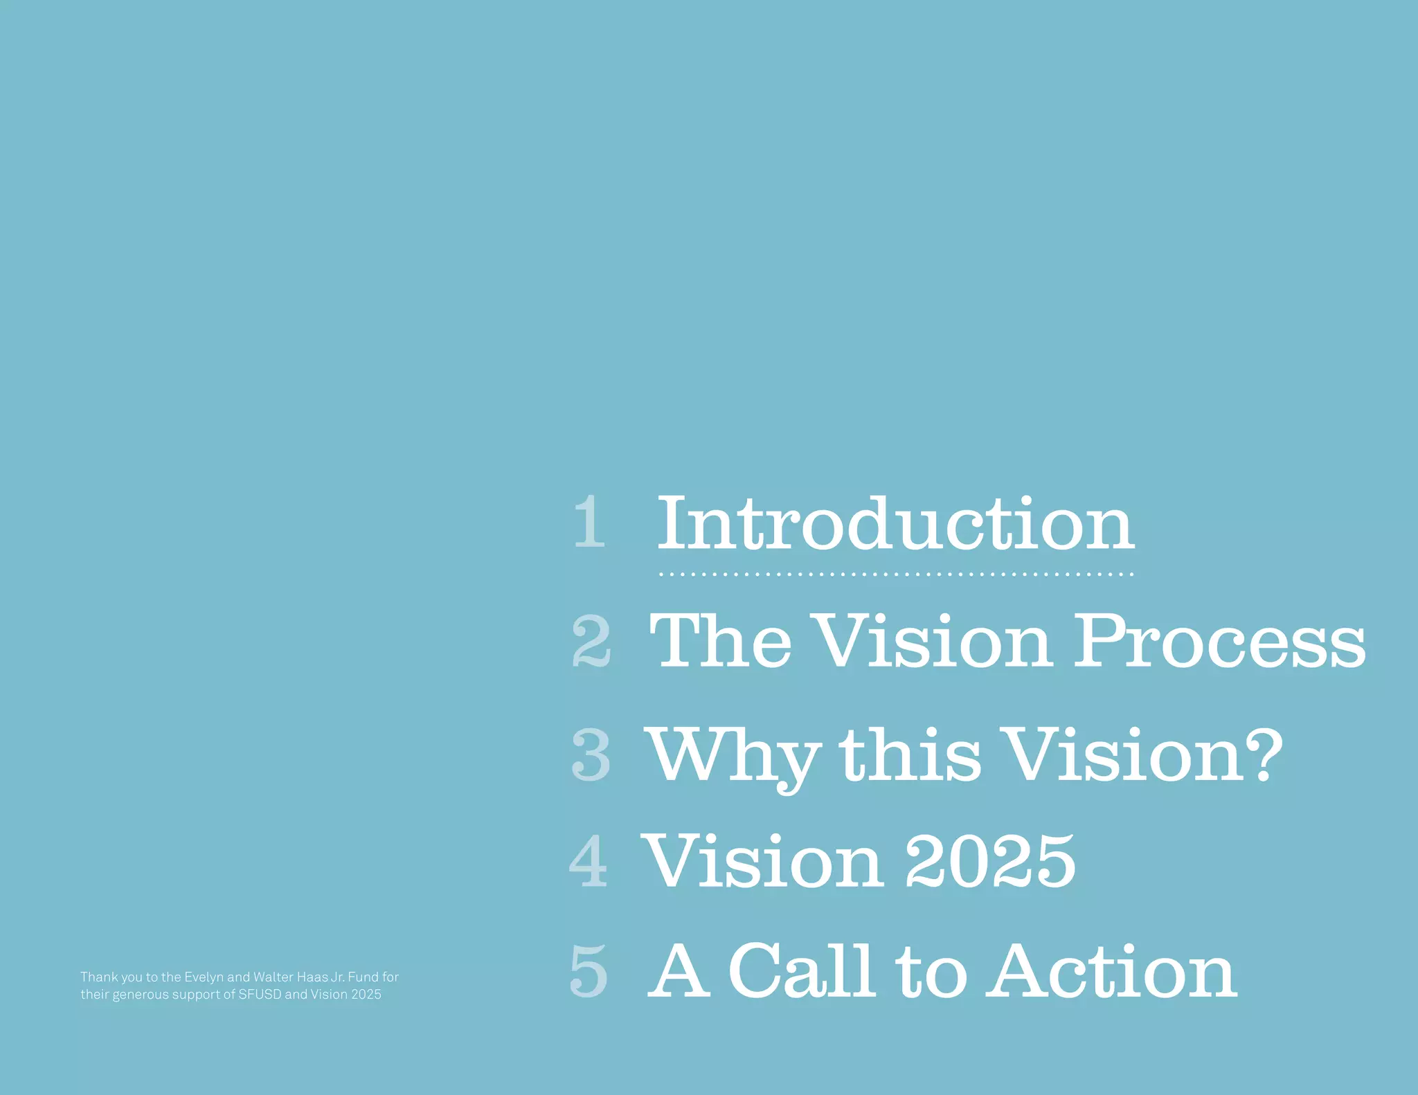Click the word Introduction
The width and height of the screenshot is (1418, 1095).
895,524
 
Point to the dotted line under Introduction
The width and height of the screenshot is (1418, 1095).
895,574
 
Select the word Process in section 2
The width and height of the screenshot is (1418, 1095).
1219,642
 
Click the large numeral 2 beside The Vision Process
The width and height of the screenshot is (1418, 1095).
591,642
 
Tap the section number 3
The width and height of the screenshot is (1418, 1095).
591,756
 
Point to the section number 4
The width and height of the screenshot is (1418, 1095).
589,861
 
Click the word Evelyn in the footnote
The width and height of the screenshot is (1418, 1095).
204,977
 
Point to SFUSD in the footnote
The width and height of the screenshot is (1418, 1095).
260,995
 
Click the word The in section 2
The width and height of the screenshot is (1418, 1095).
720,642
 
